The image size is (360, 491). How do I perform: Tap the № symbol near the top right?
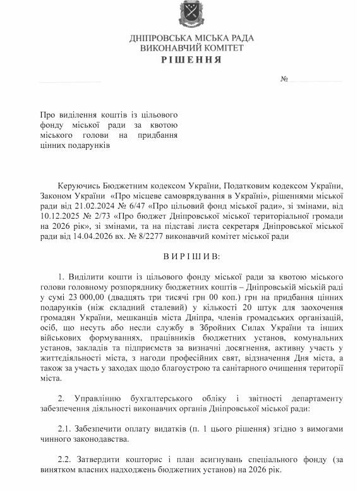[284, 80]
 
